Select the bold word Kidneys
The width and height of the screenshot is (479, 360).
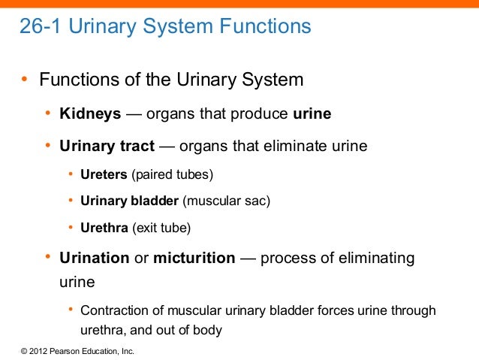90,114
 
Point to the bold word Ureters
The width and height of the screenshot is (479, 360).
104,174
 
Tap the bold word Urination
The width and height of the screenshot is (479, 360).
95,259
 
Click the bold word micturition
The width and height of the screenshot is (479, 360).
194,259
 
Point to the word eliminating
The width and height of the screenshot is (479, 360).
368,259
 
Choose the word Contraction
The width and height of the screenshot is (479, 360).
114,310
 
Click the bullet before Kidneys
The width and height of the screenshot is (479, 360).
47,114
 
